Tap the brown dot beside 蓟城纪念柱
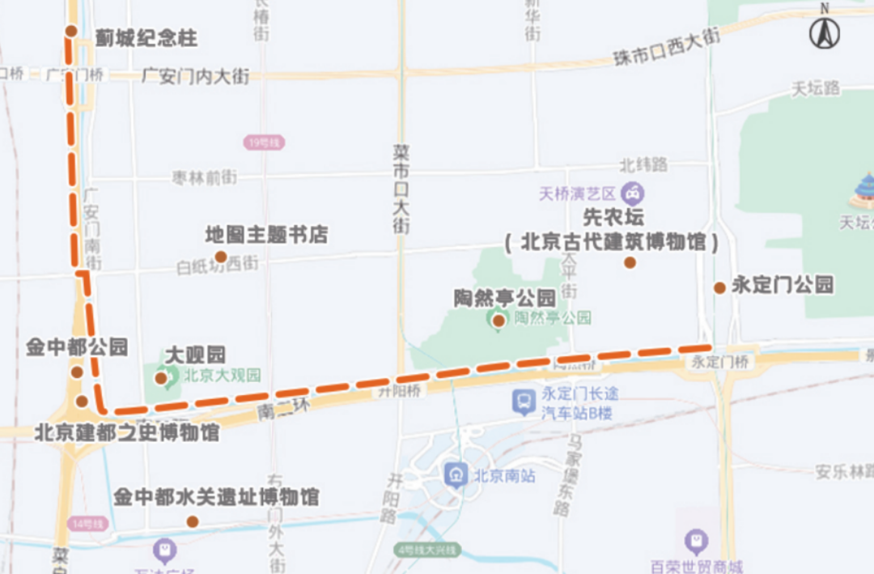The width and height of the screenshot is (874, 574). coord(71,32)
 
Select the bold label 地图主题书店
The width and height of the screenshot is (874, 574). coord(266,236)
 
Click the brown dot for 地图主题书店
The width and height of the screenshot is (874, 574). coord(220,257)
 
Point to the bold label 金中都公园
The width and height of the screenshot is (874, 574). coord(77,348)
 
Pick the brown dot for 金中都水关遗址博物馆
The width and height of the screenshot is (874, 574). coord(193,521)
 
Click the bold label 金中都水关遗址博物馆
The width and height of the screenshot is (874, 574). coord(216,497)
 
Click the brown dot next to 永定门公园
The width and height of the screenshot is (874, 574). coord(719,288)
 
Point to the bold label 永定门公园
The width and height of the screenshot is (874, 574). coord(783,285)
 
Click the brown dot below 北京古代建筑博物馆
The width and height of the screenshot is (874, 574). coord(630,262)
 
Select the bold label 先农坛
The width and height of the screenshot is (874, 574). coord(613,218)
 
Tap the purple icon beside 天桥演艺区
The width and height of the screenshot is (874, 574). coord(632,193)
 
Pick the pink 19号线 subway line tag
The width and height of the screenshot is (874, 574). coord(264,142)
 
